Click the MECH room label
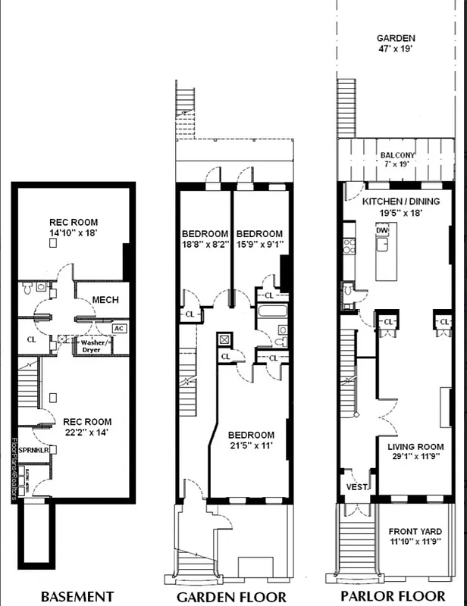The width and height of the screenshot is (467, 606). (x=105, y=300)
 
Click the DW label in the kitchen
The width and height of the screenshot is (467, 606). (x=383, y=230)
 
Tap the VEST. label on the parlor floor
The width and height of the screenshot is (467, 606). (x=357, y=488)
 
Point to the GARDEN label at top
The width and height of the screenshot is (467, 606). (x=396, y=38)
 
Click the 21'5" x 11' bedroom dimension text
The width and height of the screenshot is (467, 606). (x=251, y=447)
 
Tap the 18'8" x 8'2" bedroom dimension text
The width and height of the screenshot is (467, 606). (x=205, y=245)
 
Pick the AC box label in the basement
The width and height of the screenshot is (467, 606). (x=118, y=328)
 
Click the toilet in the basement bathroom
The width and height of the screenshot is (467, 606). (x=28, y=288)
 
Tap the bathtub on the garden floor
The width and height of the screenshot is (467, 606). (x=271, y=311)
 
